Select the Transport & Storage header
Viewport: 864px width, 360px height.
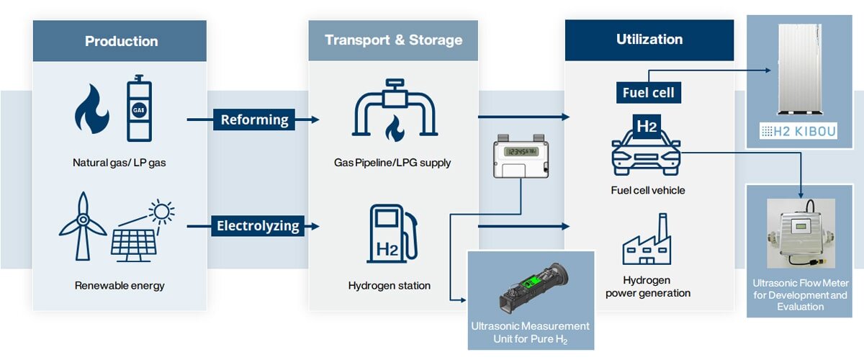click(393, 40)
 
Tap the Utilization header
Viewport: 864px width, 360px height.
click(649, 40)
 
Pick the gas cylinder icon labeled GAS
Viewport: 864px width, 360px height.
click(138, 109)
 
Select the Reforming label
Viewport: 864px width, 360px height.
click(254, 120)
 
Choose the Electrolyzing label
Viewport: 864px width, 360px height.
click(258, 226)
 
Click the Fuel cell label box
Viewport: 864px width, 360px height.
click(647, 92)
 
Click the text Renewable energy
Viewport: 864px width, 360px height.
click(120, 286)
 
